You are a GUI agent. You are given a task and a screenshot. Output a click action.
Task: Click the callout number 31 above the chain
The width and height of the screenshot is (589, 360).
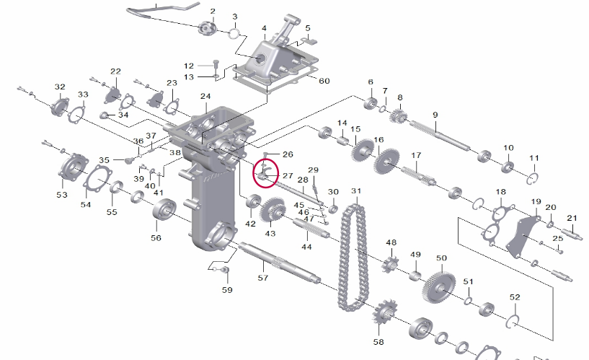(356, 191)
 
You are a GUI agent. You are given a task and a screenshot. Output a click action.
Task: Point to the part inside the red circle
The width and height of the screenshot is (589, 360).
(264, 174)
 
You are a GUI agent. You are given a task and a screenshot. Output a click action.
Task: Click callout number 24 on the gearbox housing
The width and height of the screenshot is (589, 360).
(205, 96)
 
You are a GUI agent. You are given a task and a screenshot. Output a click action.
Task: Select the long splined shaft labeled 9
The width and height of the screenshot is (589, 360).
(439, 136)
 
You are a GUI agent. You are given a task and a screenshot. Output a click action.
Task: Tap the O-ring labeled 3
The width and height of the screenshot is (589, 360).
(234, 33)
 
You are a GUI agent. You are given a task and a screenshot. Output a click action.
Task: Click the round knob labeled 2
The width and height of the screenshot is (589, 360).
(208, 28)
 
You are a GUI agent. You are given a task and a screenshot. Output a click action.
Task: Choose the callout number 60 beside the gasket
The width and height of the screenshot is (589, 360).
(324, 81)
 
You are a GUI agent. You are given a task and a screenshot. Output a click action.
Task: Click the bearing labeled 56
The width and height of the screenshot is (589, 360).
(164, 209)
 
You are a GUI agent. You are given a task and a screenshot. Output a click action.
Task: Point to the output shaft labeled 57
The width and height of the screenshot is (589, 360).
(279, 263)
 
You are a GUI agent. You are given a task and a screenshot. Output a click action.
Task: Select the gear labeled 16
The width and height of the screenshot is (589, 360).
(386, 162)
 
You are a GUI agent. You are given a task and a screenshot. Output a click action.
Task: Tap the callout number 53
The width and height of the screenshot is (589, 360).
(62, 195)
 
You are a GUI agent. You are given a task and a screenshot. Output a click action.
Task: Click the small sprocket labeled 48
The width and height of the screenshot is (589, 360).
(390, 265)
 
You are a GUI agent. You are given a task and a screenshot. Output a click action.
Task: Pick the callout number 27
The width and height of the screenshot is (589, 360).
(288, 175)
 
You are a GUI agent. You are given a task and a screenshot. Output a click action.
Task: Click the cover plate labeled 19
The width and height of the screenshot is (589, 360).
(521, 237)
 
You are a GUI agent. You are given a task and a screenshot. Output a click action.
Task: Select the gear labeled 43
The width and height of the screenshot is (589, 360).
(273, 211)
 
